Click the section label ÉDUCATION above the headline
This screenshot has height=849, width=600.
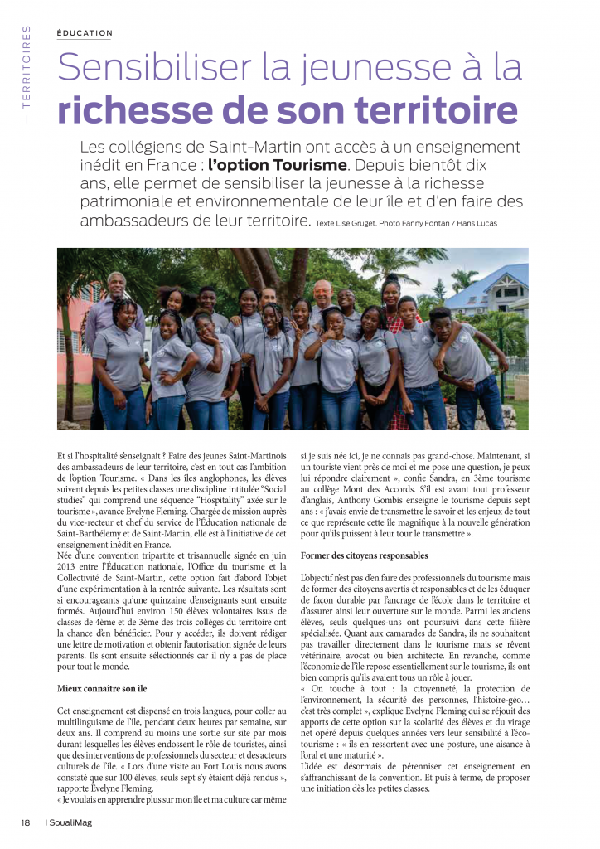85,33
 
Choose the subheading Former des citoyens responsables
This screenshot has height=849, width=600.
365,555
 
